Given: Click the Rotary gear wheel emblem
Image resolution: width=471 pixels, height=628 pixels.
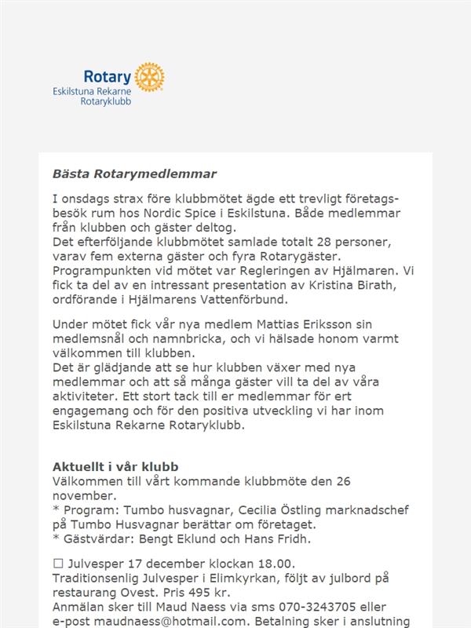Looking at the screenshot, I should click(149, 76).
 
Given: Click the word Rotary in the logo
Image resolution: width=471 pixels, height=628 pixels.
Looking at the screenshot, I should click(108, 76).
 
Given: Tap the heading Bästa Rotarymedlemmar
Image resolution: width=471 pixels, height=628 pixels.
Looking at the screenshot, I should click(134, 173).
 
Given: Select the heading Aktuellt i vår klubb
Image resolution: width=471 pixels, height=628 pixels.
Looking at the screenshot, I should click(115, 466).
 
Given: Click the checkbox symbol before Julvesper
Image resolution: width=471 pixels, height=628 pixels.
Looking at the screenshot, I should click(57, 563).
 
